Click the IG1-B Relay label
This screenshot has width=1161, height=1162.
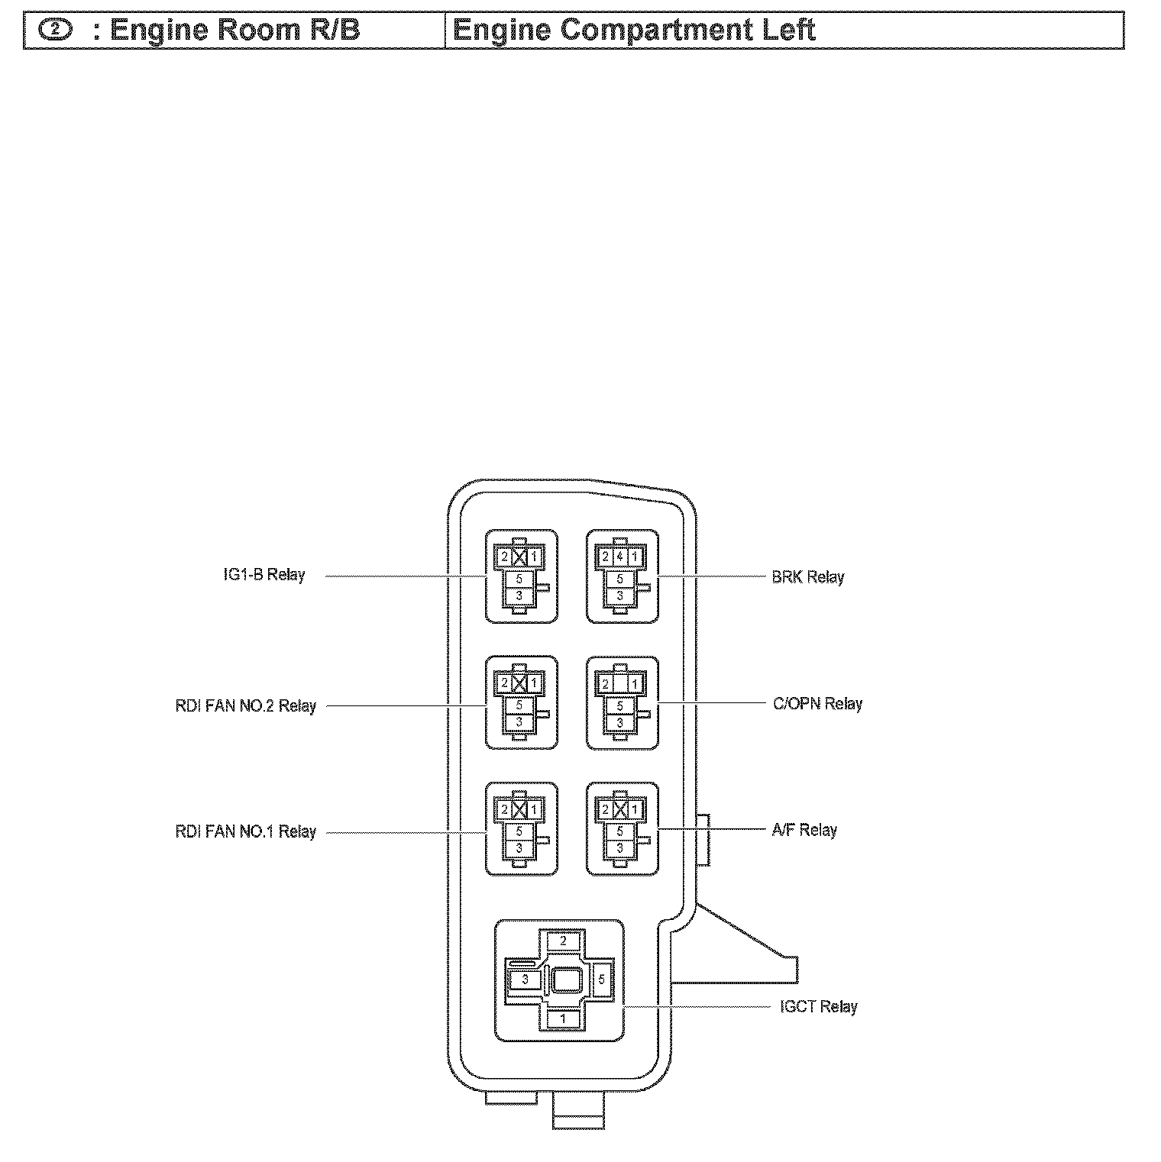[x=264, y=575]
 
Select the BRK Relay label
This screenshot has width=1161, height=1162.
[x=807, y=577]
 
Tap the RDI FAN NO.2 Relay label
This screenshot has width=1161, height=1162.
[x=245, y=706]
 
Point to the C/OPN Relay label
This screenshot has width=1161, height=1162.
[x=817, y=704]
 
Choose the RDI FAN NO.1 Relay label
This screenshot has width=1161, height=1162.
[x=245, y=832]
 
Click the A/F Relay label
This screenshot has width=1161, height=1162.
[x=804, y=830]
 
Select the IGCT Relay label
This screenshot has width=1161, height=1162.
[x=818, y=1007]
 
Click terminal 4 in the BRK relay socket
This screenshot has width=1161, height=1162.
[x=619, y=557]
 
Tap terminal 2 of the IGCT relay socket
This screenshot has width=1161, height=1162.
[x=563, y=941]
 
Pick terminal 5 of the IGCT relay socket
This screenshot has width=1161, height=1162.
[x=602, y=979]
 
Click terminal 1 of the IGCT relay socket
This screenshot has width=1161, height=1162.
[x=563, y=1018]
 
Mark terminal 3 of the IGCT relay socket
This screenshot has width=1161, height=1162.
[x=525, y=980]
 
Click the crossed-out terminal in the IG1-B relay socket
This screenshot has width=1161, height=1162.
[x=519, y=557]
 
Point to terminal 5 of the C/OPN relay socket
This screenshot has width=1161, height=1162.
[x=619, y=706]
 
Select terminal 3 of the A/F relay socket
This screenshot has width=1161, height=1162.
[x=619, y=848]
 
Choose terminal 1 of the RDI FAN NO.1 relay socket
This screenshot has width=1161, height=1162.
[x=534, y=809]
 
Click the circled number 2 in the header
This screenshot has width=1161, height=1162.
[x=56, y=31]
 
